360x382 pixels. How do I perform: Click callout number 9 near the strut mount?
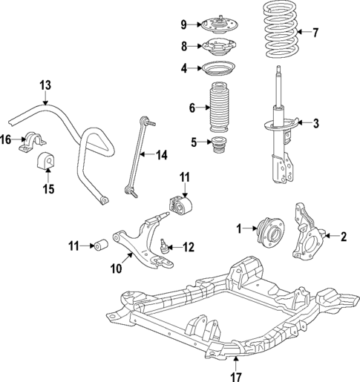pyautogui.click(x=183, y=24)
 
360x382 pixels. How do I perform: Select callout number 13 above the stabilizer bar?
pyautogui.click(x=45, y=86)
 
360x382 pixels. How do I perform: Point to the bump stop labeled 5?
pyautogui.click(x=219, y=147)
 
